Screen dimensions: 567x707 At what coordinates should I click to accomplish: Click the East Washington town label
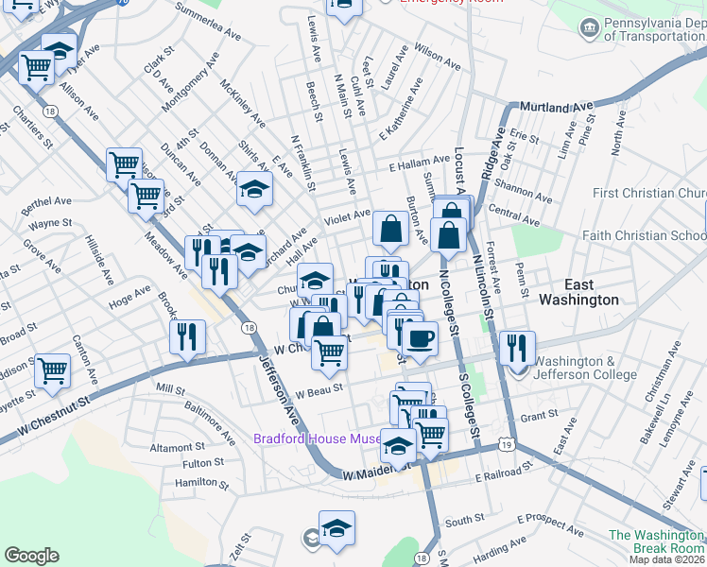point(578,292)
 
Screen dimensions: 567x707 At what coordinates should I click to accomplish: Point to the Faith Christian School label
point(644,236)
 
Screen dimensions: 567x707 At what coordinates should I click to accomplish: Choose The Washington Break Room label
point(657,541)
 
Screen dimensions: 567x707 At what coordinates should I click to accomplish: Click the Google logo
point(31,556)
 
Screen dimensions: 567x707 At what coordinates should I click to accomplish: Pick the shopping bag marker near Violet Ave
point(390,228)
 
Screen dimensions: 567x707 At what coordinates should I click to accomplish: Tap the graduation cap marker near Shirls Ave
point(254,190)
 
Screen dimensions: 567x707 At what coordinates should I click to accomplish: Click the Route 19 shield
point(509,445)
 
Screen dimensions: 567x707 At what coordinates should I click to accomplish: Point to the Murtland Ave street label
point(552,107)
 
